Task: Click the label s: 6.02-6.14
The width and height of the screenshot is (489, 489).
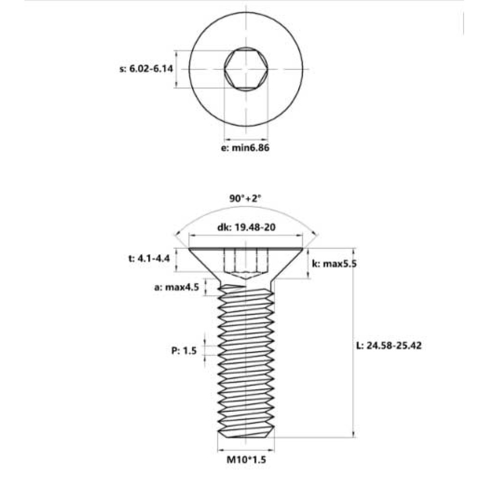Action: point(146,69)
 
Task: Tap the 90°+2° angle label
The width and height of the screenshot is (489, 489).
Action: point(245,199)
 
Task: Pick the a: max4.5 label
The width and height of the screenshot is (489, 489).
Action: point(177,287)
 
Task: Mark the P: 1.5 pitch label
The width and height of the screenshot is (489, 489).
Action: point(184,350)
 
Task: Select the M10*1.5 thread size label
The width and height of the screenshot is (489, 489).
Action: point(245,460)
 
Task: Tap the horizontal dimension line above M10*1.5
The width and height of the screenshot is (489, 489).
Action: point(246,449)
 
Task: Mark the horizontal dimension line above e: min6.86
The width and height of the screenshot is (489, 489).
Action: point(246,138)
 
